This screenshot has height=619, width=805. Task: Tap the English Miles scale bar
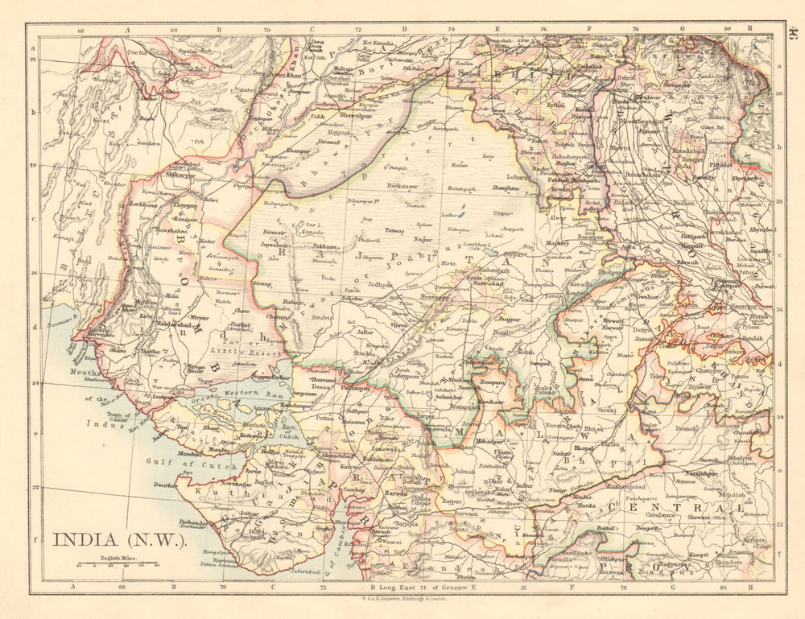point(112,564)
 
